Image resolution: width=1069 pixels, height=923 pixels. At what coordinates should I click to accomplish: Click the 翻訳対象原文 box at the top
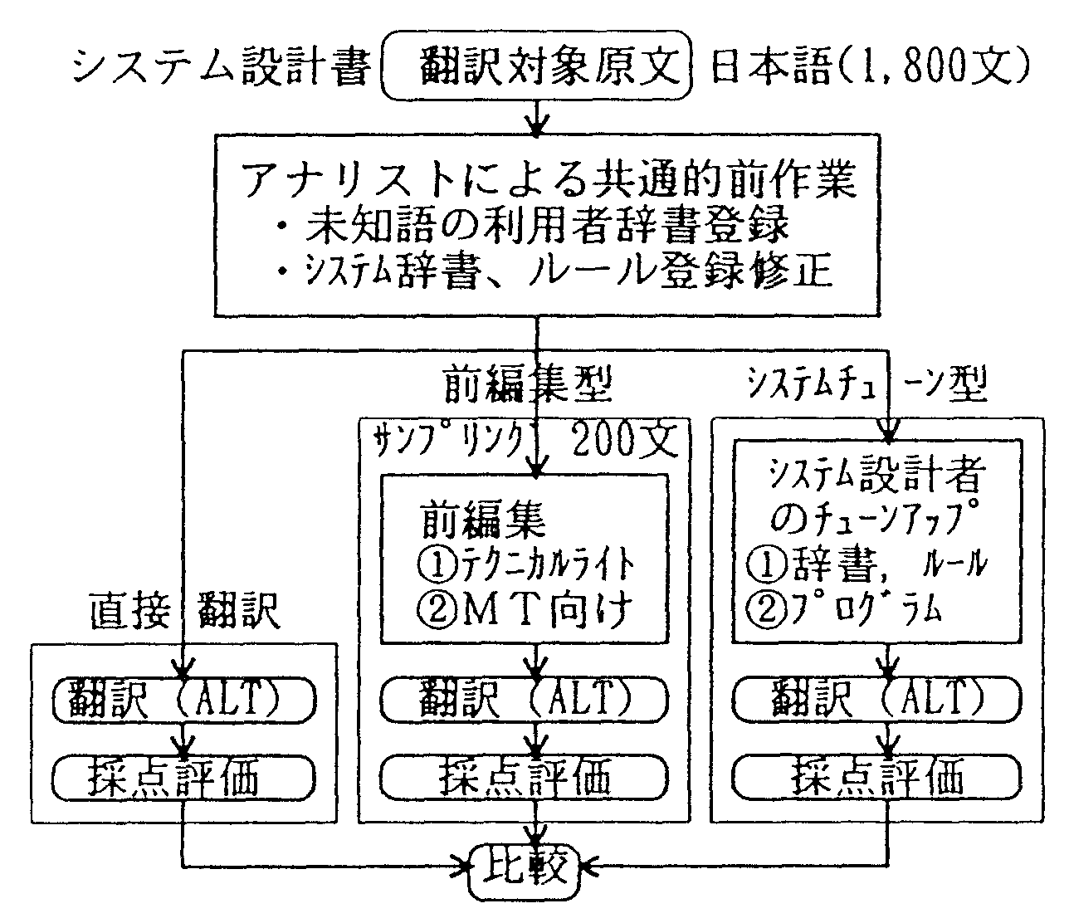[537, 66]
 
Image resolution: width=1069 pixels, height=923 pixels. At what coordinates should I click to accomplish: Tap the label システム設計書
[221, 66]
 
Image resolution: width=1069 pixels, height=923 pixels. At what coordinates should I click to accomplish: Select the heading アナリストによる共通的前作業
[549, 179]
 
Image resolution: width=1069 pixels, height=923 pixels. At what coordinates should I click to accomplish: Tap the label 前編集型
[528, 384]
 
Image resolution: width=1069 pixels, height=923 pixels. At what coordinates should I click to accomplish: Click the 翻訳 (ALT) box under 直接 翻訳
[183, 700]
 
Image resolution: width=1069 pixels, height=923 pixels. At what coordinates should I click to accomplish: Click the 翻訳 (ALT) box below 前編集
[525, 700]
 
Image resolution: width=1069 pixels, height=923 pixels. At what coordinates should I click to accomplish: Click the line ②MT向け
[524, 610]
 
